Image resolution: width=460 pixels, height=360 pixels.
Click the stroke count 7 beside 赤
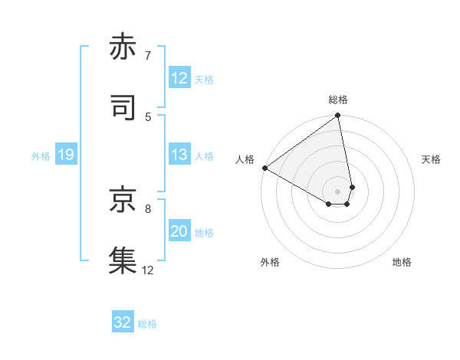coord(148,56)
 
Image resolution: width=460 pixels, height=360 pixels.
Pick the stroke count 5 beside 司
coord(148,116)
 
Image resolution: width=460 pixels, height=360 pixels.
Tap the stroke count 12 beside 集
coord(148,269)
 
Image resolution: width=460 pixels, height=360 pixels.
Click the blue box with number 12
coord(179,78)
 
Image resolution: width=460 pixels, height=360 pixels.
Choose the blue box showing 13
coord(179,155)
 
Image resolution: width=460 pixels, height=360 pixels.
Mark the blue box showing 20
coord(179,231)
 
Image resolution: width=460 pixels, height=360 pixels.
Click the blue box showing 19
coord(65,155)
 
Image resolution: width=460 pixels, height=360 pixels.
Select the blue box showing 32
coord(123,322)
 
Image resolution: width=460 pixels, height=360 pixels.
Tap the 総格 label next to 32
coord(147,324)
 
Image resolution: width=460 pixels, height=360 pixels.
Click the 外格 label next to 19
coord(41,156)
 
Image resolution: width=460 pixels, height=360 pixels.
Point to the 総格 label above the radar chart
coord(338,100)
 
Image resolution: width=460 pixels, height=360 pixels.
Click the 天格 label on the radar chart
coord(431,159)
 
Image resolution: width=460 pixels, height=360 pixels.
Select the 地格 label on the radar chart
coord(402,262)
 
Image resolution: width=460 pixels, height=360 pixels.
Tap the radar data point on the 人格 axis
coord(264,168)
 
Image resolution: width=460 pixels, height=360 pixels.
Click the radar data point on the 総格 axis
coord(338,116)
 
